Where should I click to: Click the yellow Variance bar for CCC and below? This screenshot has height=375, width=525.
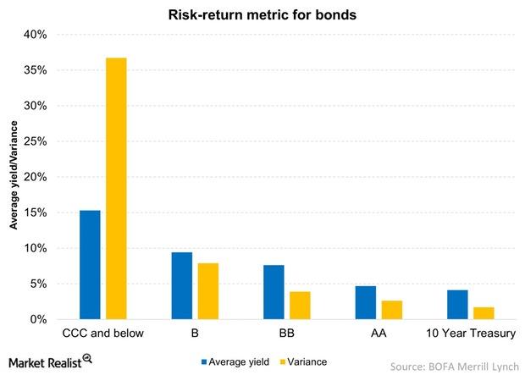(x=117, y=189)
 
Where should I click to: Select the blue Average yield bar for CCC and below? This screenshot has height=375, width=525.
(x=91, y=265)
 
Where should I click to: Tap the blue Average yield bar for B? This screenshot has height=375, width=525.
(x=182, y=286)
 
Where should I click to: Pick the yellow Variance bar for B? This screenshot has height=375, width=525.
(x=208, y=291)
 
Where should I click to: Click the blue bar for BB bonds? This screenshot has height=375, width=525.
(x=274, y=292)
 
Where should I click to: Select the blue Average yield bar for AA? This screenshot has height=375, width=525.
(x=366, y=303)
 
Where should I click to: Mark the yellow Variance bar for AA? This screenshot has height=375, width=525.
(x=392, y=310)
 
